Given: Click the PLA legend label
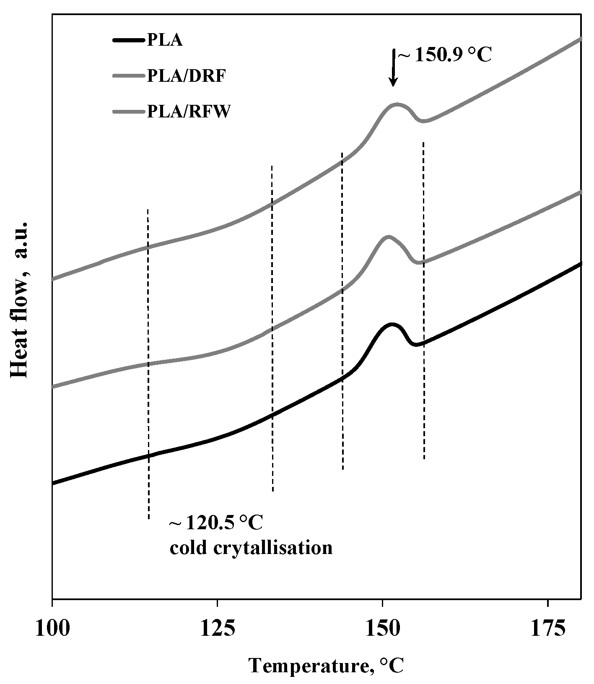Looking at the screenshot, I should pos(165,41).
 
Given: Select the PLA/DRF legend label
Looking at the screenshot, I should pos(186,76).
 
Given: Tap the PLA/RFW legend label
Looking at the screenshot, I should pos(188,112).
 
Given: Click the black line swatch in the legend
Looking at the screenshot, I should pos(129,41).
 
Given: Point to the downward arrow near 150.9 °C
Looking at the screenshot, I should pos(393,67).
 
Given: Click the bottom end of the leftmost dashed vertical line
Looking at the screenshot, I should pos(149,519).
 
